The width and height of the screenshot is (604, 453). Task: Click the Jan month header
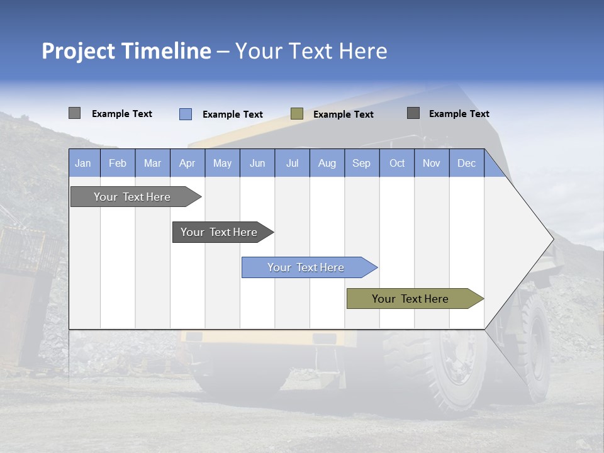[84, 163]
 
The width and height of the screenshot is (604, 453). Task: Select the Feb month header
[118, 163]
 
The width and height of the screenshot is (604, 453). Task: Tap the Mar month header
[152, 163]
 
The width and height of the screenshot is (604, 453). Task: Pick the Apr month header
[187, 163]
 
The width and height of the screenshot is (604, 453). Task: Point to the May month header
[222, 163]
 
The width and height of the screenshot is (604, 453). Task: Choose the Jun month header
[257, 163]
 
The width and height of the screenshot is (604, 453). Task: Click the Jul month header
[292, 163]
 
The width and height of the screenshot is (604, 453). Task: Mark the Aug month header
[327, 163]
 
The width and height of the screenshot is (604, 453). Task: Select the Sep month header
[362, 163]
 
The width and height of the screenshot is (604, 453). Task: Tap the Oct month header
[397, 163]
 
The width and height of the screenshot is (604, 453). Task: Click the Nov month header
[432, 163]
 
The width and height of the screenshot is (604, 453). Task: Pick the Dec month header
[467, 163]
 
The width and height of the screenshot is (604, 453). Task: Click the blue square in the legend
[186, 114]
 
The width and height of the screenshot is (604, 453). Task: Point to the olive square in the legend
[297, 114]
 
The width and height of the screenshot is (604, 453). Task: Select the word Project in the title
[77, 51]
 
